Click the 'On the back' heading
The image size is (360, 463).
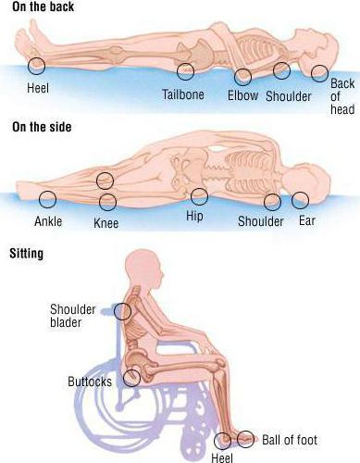(43, 6)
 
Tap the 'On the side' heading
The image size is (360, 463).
(42, 127)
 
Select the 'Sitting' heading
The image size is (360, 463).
(26, 254)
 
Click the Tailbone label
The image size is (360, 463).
(183, 94)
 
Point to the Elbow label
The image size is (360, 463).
(242, 95)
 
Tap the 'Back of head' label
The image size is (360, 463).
(342, 96)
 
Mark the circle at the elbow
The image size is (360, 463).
(242, 69)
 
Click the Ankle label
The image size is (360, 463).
(48, 221)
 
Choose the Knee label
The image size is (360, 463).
(106, 223)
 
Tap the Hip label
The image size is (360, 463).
(194, 216)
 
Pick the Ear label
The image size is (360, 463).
(307, 220)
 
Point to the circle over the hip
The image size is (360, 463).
(199, 188)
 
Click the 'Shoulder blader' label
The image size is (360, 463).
(73, 316)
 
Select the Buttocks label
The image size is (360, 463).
(90, 382)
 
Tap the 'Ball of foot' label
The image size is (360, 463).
(290, 440)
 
